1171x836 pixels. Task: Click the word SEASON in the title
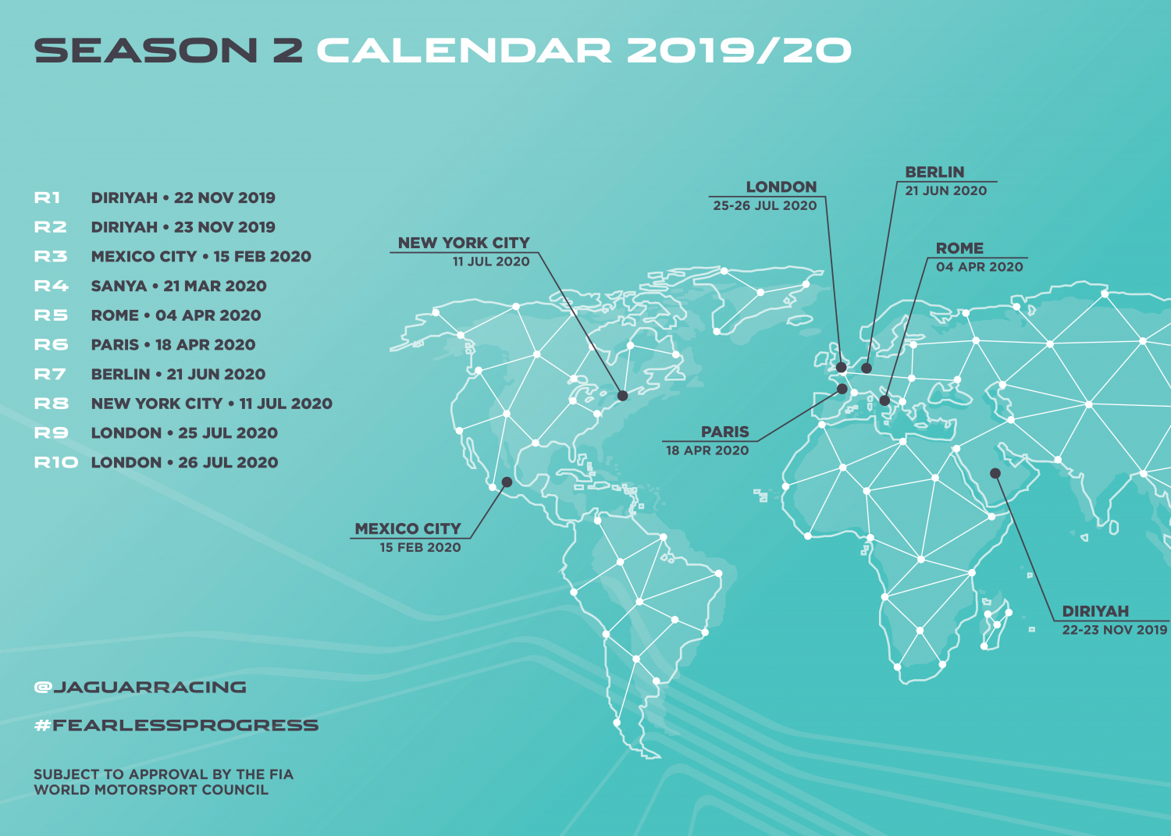pos(146,51)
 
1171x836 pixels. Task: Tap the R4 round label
pos(52,286)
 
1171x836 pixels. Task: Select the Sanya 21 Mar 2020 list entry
pos(179,286)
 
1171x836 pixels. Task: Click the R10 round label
pos(56,462)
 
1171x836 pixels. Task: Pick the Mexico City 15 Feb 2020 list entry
pos(201,256)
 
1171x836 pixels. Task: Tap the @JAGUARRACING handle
pos(140,687)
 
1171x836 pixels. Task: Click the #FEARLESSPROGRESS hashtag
pos(176,725)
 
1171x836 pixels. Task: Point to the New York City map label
pos(464,243)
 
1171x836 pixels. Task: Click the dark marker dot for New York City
pos(623,396)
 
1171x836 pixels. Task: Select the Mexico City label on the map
pos(408,528)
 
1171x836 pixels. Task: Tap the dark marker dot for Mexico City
pos(507,482)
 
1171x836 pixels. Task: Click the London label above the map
pos(781,187)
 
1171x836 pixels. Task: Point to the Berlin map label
pos(934,172)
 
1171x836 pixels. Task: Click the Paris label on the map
pos(725,432)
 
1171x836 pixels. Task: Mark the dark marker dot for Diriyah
pos(995,473)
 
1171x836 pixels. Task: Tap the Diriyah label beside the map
pos(1096,611)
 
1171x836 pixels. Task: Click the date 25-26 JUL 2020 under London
pos(765,205)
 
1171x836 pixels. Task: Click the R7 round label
pos(50,375)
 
